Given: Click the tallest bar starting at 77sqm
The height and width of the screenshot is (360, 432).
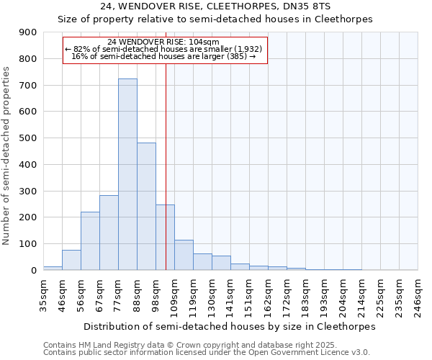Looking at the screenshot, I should click(x=127, y=174).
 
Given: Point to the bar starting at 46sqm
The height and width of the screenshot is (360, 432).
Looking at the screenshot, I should click(x=71, y=260).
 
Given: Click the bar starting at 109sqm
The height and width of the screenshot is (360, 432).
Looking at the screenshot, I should click(x=184, y=255).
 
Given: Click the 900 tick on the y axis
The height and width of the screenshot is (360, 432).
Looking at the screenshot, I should click(x=28, y=32).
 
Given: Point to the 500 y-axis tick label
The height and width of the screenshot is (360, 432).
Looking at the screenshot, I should click(x=28, y=138).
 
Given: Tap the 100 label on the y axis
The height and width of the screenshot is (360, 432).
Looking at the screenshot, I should click(x=28, y=244).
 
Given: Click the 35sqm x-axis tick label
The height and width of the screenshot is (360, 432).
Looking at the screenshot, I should click(x=44, y=293).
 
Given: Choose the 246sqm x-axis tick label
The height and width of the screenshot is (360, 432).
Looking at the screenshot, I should click(x=418, y=293).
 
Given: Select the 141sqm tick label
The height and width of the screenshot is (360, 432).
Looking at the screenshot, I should click(x=231, y=293).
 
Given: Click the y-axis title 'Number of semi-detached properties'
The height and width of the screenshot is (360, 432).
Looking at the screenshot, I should click(x=7, y=156).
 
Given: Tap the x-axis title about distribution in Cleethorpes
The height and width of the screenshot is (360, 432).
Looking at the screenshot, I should click(x=230, y=326).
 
